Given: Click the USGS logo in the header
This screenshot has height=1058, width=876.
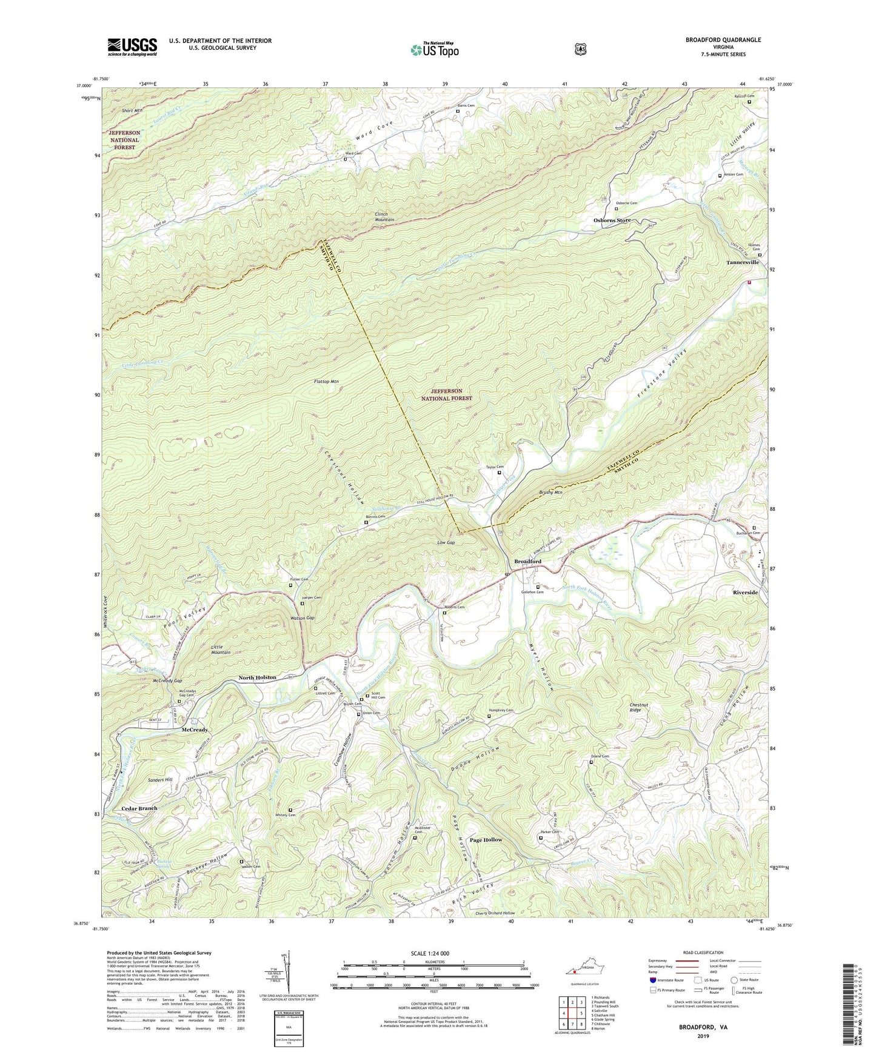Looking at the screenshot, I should click(x=132, y=47).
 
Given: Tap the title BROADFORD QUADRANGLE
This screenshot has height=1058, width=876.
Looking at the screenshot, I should click(x=723, y=40).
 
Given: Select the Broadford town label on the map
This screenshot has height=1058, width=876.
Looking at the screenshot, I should click(x=527, y=562).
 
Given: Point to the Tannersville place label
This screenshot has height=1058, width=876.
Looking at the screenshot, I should click(x=743, y=263).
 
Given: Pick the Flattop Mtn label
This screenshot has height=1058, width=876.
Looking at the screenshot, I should click(x=326, y=382).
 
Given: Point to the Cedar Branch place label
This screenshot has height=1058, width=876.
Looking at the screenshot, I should click(x=139, y=808).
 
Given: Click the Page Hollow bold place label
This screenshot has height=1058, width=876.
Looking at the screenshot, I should click(x=486, y=840).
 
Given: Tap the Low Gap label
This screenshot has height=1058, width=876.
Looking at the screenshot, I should click(x=445, y=543).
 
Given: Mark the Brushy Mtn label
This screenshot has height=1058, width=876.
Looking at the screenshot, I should click(x=550, y=493).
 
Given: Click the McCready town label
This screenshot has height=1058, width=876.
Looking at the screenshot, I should click(x=195, y=730).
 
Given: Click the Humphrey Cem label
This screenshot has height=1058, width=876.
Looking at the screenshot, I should click(x=501, y=711).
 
